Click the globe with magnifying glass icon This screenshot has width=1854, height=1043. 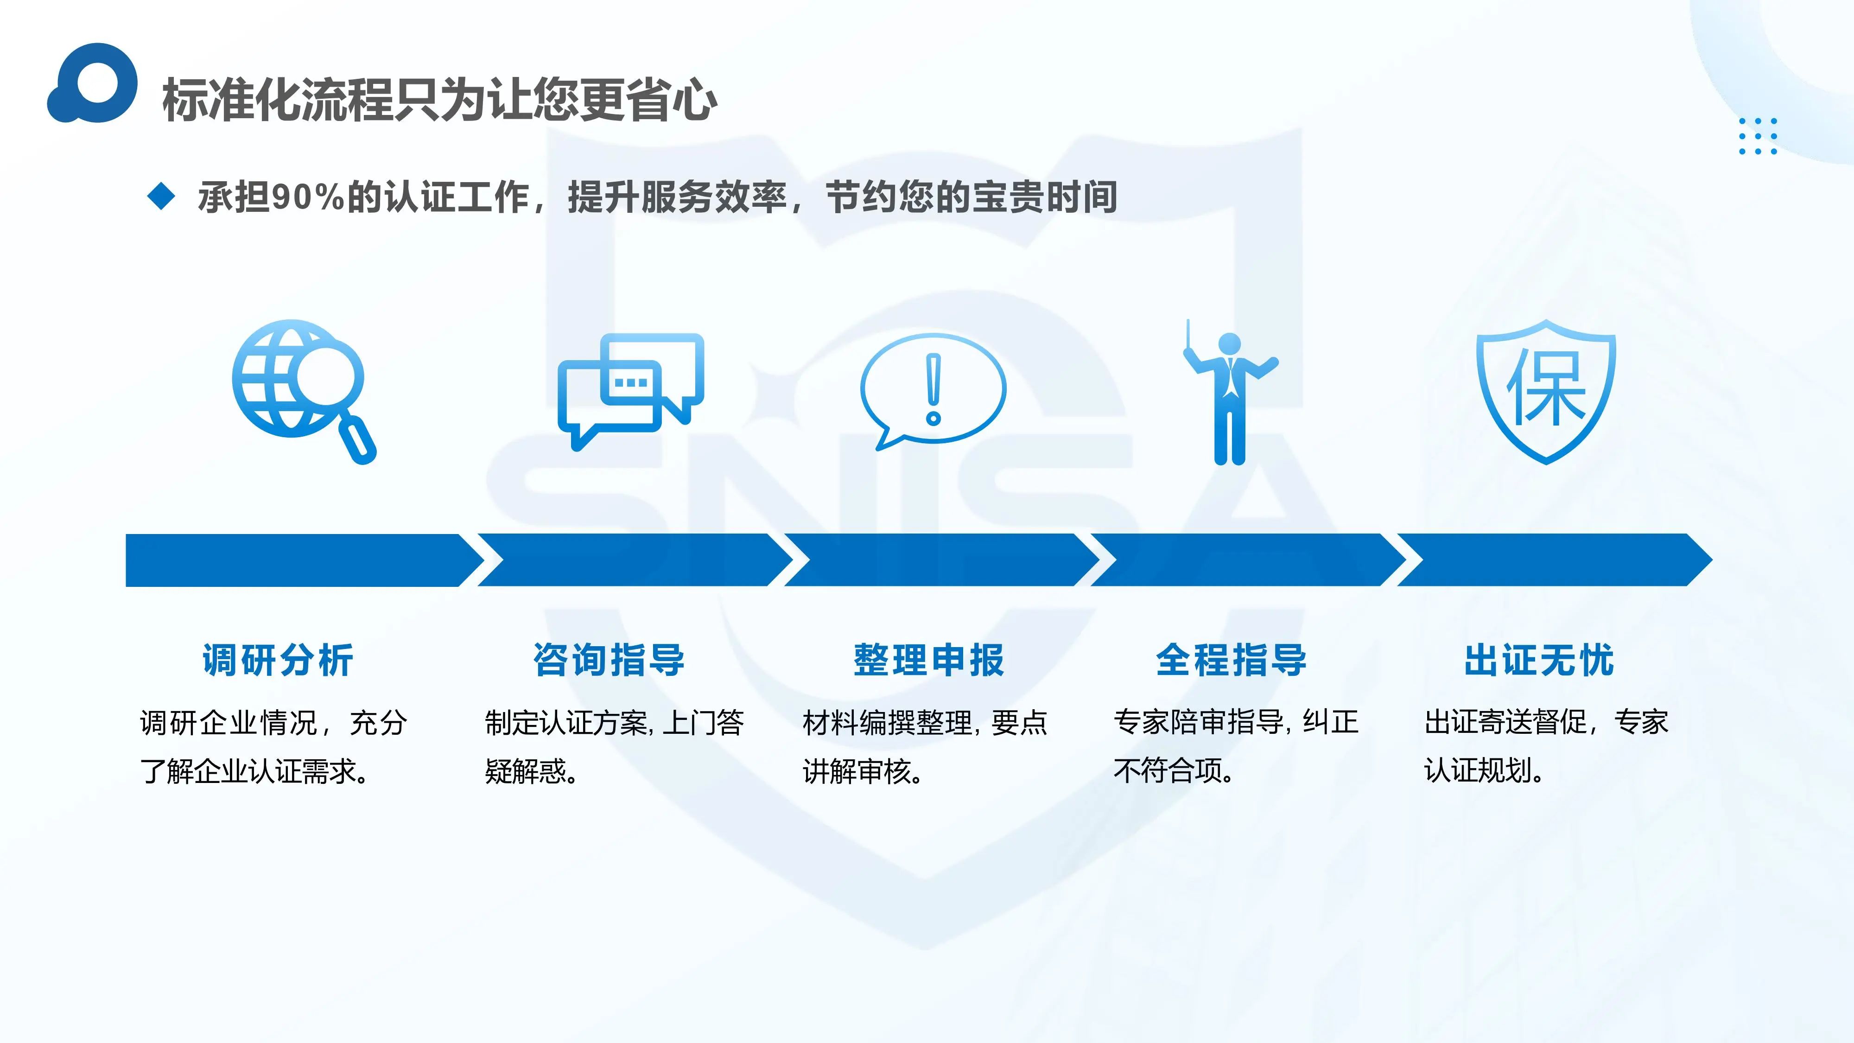(x=304, y=392)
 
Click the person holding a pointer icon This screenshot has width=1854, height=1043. (x=1231, y=392)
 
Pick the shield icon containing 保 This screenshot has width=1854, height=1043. (x=1546, y=392)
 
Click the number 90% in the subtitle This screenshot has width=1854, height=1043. (x=309, y=197)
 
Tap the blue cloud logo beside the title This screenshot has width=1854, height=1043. (x=92, y=83)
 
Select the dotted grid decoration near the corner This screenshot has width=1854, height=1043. (x=1758, y=136)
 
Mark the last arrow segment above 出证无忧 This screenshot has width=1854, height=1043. (x=1555, y=560)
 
